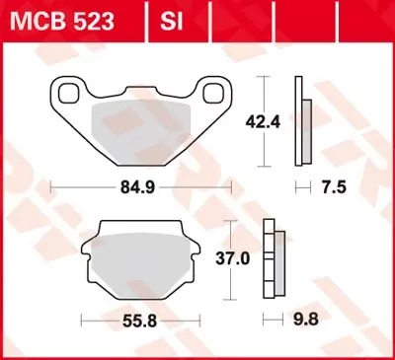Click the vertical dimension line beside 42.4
[x=262, y=122]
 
